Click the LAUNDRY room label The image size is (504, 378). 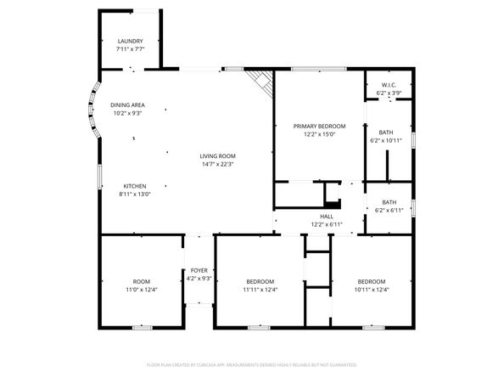point(130,41)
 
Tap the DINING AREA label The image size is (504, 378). point(126,104)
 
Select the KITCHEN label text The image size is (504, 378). point(135,186)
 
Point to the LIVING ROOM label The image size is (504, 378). point(217,156)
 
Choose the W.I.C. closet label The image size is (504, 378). point(389,85)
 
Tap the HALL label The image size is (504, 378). point(327,217)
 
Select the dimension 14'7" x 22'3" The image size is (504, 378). point(217,165)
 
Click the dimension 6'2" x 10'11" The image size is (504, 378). point(386,140)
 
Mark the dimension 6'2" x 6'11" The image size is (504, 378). point(389,209)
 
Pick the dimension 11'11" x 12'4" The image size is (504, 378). point(260,290)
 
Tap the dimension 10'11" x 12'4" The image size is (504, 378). point(371,290)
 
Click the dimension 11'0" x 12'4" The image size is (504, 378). point(141,290)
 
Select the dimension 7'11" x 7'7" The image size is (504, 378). point(130,49)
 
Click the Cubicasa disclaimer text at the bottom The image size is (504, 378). point(252,364)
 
